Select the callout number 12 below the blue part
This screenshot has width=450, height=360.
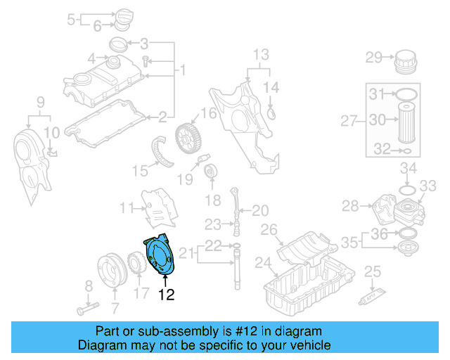[x=165, y=295]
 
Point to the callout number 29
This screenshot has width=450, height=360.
[x=373, y=57]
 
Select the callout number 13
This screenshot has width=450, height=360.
[x=261, y=54]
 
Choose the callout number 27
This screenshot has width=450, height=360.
[x=349, y=121]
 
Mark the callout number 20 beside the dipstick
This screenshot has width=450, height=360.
[x=260, y=210]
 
